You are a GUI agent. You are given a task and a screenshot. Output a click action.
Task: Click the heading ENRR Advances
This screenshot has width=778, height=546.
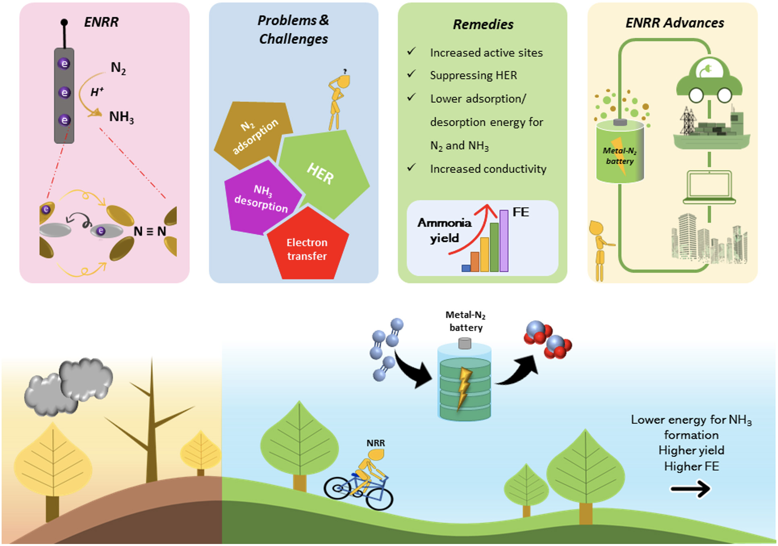coord(675,23)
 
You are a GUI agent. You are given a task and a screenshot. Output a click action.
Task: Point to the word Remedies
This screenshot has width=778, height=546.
coord(483,25)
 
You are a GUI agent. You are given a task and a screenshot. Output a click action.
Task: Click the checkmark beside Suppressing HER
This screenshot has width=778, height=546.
coord(411,74)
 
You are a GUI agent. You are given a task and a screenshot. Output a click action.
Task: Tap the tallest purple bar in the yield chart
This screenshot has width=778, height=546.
coord(504,241)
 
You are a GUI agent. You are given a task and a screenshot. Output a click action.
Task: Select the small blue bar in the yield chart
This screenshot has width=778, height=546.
coord(466,268)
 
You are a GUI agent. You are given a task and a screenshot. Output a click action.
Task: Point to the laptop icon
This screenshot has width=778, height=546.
coord(710,188)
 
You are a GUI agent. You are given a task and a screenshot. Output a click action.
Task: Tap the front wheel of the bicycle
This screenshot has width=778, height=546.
coord(379,498)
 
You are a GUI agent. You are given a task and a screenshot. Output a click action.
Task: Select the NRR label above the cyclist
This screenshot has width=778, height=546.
coord(376,443)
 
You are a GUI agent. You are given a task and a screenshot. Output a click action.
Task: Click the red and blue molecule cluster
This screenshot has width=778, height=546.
coord(548,339)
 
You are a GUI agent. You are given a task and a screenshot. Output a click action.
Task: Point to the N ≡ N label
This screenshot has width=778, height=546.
coord(150,232)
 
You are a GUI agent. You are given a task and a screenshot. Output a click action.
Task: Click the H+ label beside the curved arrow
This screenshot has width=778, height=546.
coord(97,92)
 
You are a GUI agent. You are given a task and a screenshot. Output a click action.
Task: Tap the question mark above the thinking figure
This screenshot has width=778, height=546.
coord(345,72)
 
